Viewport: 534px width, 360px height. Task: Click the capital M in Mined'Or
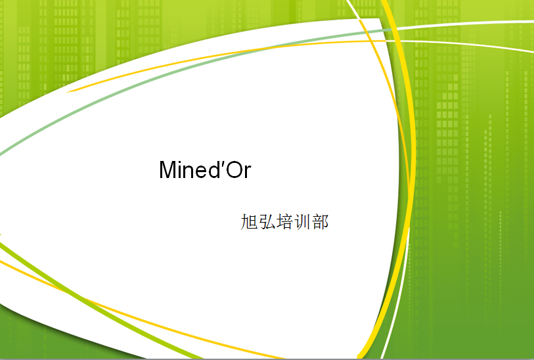167,169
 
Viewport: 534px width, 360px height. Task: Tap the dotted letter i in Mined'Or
180,169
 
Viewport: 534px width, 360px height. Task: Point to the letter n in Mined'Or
189,171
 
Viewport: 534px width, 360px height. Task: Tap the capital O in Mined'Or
234,169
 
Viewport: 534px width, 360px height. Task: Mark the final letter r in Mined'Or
248,171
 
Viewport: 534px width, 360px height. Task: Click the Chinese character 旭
249,222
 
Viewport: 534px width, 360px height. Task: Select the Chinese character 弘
267,222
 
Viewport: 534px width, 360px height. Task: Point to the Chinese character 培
284,222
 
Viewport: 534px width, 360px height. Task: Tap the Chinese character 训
302,222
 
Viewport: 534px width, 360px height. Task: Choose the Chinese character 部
320,222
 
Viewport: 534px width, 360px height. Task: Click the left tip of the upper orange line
67,92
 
